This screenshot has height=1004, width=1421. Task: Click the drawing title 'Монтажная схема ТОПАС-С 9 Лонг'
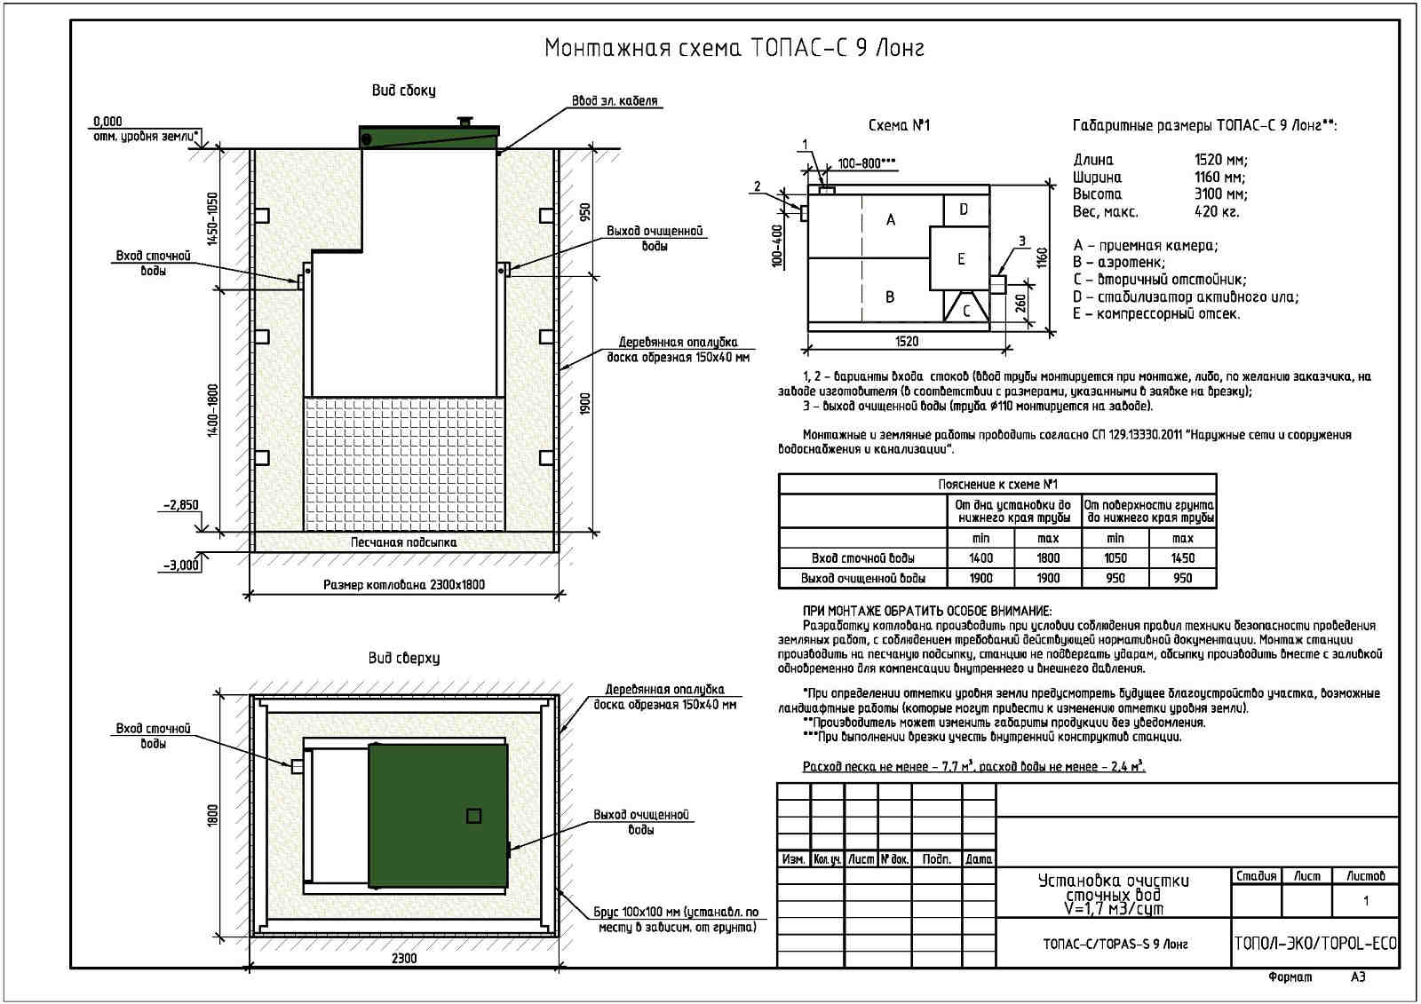click(x=734, y=48)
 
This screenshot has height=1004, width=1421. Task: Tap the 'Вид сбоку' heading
click(x=403, y=91)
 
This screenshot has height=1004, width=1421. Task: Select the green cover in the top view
click(x=437, y=815)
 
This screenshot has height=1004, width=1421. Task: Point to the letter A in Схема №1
click(x=891, y=219)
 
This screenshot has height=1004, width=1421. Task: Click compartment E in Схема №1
click(x=960, y=258)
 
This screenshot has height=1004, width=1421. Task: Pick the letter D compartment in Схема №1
click(x=964, y=210)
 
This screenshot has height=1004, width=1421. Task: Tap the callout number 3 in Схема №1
click(x=1021, y=241)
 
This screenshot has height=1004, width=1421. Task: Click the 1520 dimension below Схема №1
click(x=907, y=342)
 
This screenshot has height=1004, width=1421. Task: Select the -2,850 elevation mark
click(x=180, y=505)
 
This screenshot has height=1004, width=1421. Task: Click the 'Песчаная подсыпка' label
click(x=403, y=542)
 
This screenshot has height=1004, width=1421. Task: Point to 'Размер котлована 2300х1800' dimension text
click(x=404, y=585)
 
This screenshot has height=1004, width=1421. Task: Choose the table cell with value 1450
click(x=1182, y=558)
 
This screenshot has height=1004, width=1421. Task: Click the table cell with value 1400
click(x=980, y=558)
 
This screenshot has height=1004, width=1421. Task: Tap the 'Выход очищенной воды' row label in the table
click(x=862, y=579)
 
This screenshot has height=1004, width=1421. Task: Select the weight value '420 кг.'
click(x=1217, y=211)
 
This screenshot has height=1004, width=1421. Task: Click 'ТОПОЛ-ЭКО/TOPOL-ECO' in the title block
click(x=1314, y=943)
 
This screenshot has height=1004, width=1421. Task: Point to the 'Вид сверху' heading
click(x=403, y=659)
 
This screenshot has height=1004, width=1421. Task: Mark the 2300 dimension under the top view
click(x=403, y=958)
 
